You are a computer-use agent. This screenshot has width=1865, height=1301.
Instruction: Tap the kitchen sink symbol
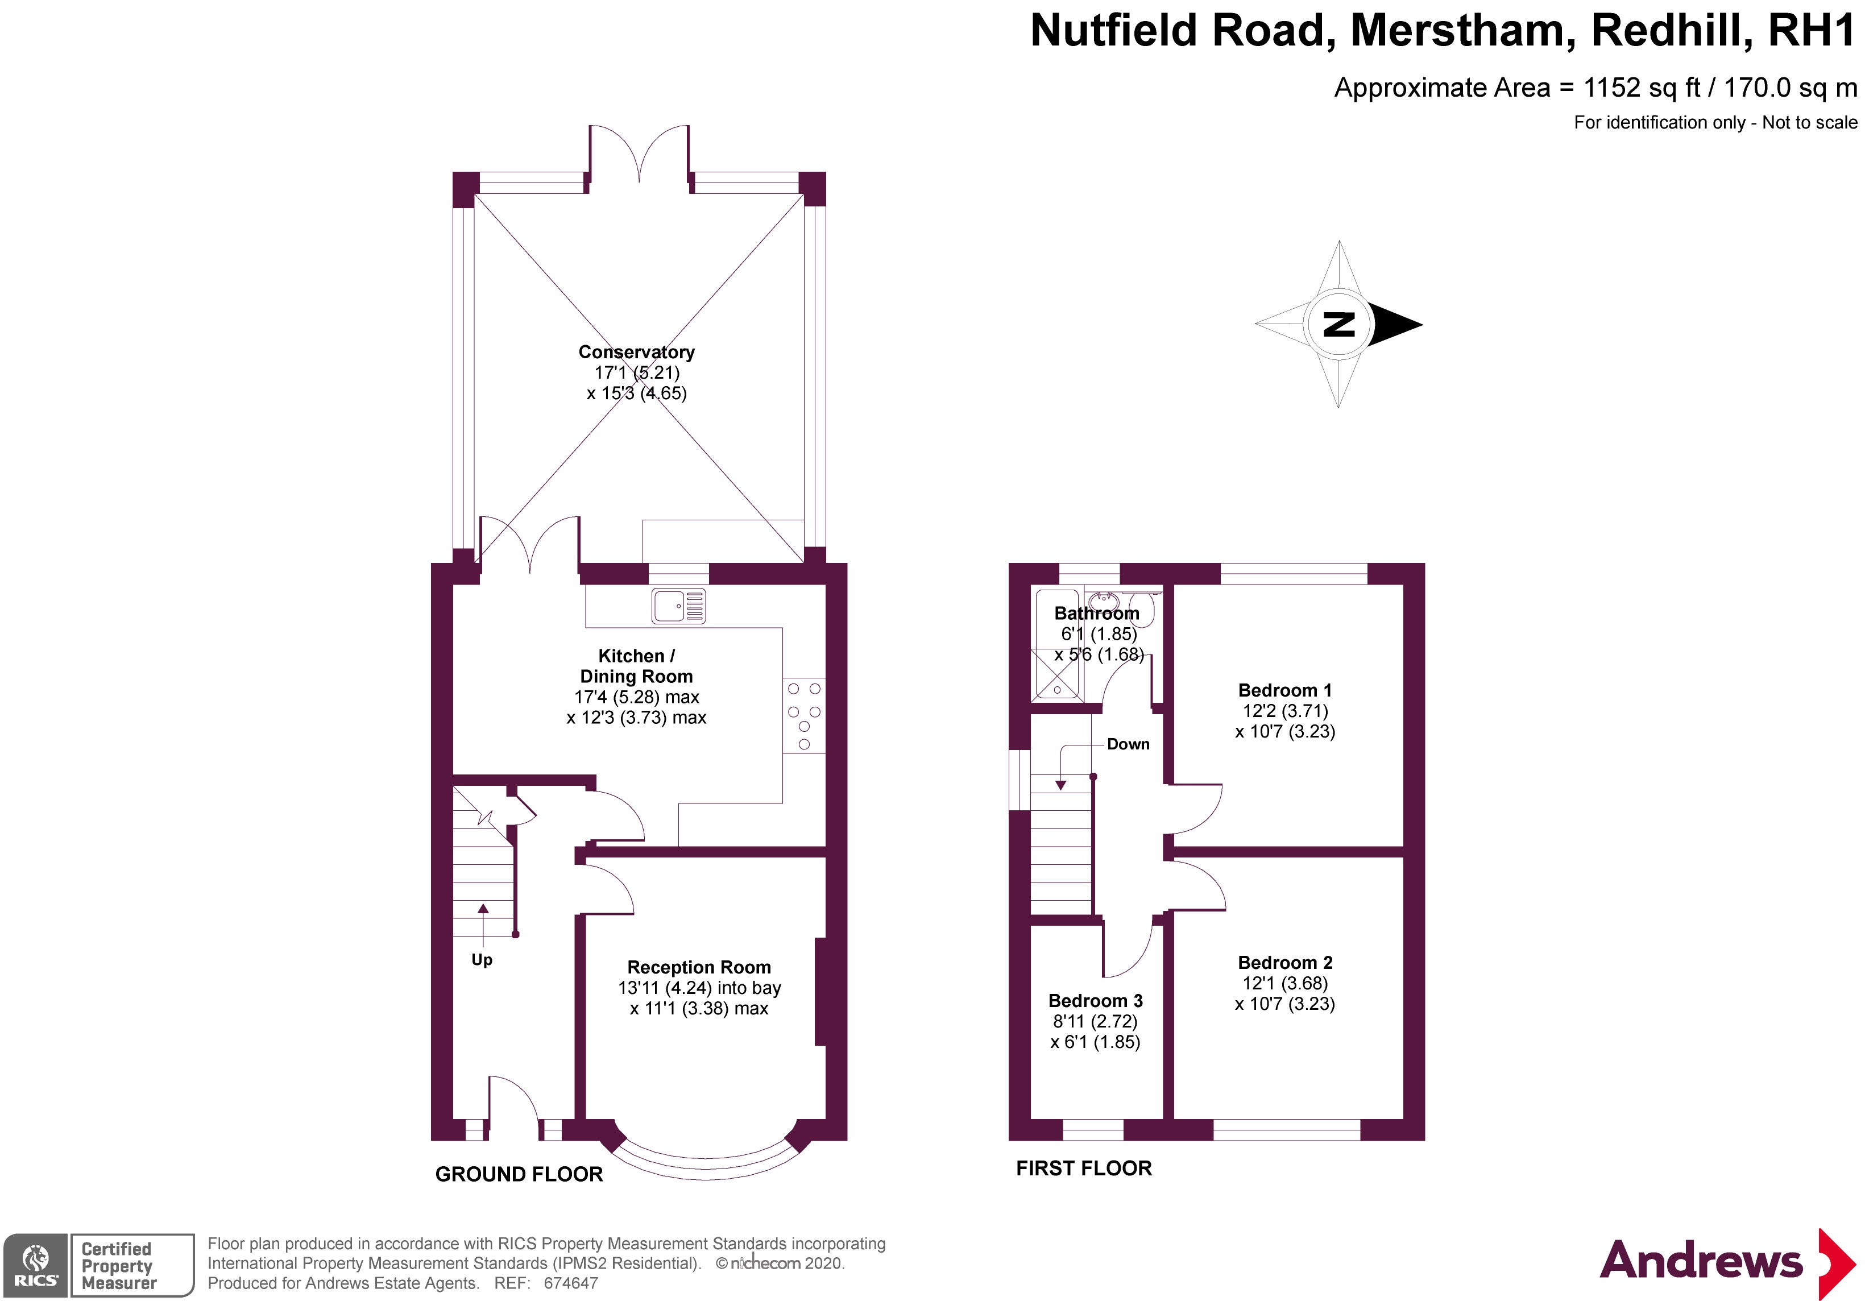pyautogui.click(x=678, y=606)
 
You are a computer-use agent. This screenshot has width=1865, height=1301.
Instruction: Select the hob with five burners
pyautogui.click(x=804, y=715)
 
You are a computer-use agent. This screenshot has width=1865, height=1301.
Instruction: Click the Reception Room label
pyautogui.click(x=699, y=967)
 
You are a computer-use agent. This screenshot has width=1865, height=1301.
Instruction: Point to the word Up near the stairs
pyautogui.click(x=482, y=960)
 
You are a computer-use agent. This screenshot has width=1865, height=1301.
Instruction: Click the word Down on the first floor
pyautogui.click(x=1128, y=744)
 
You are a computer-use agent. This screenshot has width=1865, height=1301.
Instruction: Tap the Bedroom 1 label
pyautogui.click(x=1285, y=690)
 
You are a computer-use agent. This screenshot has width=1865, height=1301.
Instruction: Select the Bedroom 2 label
pyautogui.click(x=1285, y=962)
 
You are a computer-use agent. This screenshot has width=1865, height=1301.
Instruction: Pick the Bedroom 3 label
pyautogui.click(x=1096, y=1001)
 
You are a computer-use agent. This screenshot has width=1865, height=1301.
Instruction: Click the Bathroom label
pyautogui.click(x=1097, y=613)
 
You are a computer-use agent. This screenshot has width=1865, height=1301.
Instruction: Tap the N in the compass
pyautogui.click(x=1338, y=324)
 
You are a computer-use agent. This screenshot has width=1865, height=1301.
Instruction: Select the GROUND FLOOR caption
pyautogui.click(x=519, y=1174)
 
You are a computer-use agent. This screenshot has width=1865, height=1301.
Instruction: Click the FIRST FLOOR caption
pyautogui.click(x=1084, y=1168)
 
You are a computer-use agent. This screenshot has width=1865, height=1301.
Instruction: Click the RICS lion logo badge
pyautogui.click(x=36, y=1265)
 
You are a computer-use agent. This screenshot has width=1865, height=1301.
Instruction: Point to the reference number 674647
pyautogui.click(x=571, y=1283)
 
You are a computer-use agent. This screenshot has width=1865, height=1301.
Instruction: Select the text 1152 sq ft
pyautogui.click(x=1642, y=88)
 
